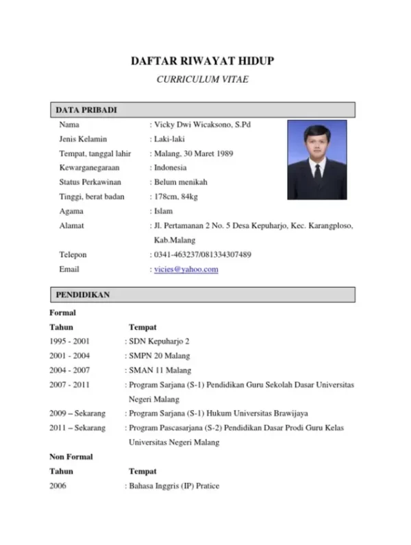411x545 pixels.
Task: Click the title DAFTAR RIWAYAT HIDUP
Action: pos(203,62)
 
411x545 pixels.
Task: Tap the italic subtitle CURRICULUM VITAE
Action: pos(203,80)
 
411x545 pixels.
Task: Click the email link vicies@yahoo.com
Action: pos(186,269)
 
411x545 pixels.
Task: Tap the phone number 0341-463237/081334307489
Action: pos(203,255)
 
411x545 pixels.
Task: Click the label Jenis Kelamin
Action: pos(83,139)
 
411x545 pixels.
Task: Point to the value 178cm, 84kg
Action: pos(176,197)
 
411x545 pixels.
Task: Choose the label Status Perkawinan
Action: pos(91,182)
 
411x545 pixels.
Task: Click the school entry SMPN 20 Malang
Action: pos(160,356)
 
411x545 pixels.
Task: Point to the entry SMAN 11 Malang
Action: pos(160,370)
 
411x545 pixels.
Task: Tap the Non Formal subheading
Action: pos(71,457)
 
